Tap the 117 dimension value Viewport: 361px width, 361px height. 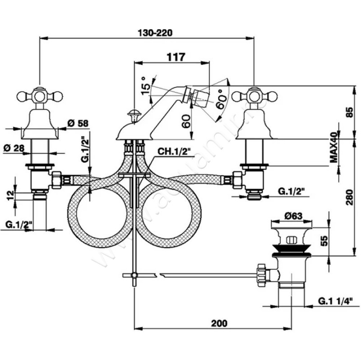176,57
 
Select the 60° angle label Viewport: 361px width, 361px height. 221,97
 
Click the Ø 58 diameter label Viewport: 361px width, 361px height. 77,123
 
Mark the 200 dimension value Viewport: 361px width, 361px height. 218,323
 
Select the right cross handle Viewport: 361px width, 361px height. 254,96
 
